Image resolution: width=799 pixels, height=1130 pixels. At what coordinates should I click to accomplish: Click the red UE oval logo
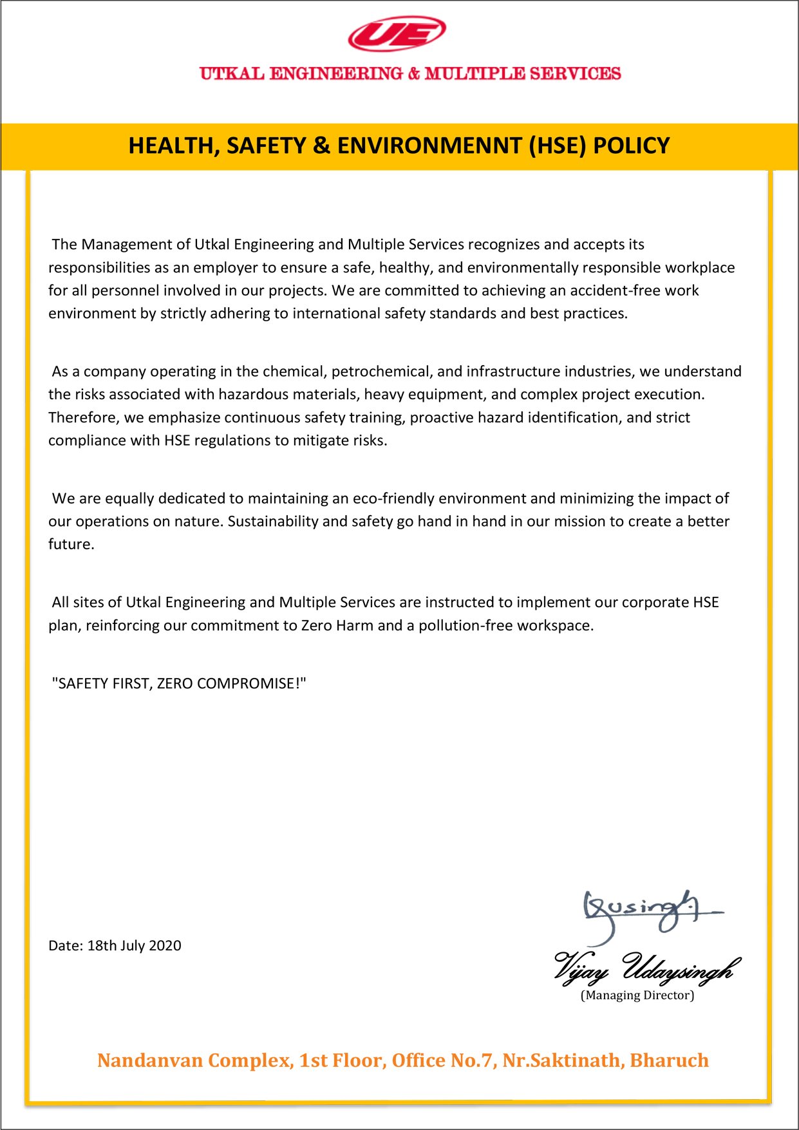397,34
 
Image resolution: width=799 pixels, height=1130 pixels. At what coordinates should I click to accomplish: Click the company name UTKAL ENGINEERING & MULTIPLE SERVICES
410,74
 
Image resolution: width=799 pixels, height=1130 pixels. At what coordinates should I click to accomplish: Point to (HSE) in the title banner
558,146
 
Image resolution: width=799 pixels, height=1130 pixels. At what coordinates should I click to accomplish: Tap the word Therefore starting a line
84,417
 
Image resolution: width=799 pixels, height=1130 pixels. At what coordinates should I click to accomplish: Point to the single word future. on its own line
71,544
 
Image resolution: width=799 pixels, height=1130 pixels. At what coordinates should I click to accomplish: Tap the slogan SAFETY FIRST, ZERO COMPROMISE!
179,683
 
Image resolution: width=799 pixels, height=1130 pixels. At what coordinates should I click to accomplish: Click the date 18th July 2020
134,945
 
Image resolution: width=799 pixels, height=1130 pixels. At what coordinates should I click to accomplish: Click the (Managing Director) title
637,995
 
